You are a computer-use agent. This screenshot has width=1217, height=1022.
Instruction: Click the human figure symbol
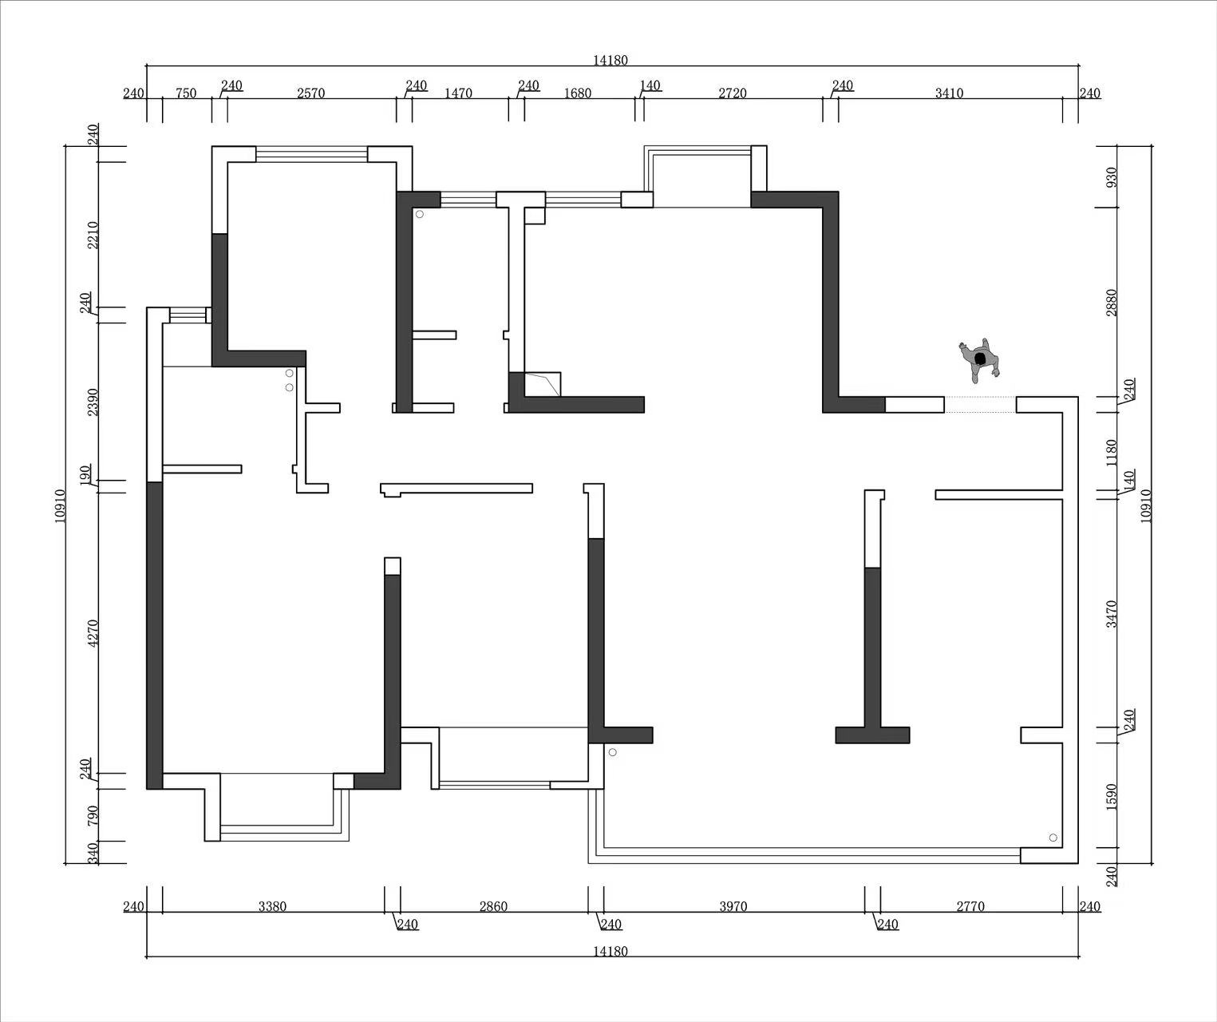pos(979,360)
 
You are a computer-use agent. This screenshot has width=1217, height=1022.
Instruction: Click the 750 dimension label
pos(186,93)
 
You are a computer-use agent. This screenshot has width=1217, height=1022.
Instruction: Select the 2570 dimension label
pos(310,93)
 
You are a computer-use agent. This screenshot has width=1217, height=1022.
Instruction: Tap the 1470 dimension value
pos(458,93)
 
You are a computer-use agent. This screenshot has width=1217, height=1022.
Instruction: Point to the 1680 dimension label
pos(578,93)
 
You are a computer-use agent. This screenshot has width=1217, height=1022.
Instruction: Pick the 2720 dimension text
pos(732,93)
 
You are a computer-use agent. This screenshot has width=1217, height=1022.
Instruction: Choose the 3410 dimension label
pos(949,93)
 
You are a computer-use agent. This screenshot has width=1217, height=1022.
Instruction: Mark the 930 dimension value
pos(1112,177)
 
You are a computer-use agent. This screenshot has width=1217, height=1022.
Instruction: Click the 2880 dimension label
pos(1112,303)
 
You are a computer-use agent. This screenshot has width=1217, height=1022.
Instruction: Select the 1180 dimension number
pos(1112,453)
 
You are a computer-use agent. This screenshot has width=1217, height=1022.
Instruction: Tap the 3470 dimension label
pos(1112,614)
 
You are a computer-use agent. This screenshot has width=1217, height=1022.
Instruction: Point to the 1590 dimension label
pos(1112,797)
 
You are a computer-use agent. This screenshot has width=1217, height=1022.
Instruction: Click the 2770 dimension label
pos(970,906)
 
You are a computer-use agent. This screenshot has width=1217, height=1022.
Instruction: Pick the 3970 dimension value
pos(733,906)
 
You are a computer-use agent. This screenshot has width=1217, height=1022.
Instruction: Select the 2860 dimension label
pos(493,906)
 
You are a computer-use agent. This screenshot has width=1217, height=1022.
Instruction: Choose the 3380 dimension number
pos(272,906)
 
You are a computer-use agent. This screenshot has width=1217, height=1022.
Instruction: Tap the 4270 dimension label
pos(93,633)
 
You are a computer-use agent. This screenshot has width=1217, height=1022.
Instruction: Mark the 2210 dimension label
pos(93,235)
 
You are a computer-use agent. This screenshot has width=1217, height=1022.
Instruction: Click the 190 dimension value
pos(85,474)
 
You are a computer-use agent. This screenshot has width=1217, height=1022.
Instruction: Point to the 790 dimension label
pos(93,815)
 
